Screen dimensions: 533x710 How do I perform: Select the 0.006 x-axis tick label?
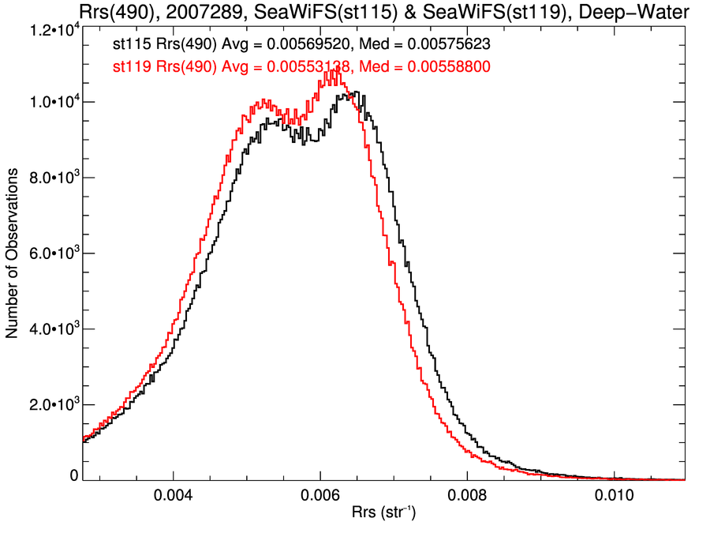pos(320,497)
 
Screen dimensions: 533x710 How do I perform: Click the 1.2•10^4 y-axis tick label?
pos(50,30)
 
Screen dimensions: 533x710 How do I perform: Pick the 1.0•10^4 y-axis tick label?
pos(50,103)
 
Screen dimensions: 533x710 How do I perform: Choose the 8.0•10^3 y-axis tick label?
pos(50,178)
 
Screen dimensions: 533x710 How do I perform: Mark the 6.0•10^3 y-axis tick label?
pos(50,254)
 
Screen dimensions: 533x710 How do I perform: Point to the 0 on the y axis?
pos(74,475)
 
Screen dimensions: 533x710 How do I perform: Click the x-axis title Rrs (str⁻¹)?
pos(383,514)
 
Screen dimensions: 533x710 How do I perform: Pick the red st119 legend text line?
pos(303,68)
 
